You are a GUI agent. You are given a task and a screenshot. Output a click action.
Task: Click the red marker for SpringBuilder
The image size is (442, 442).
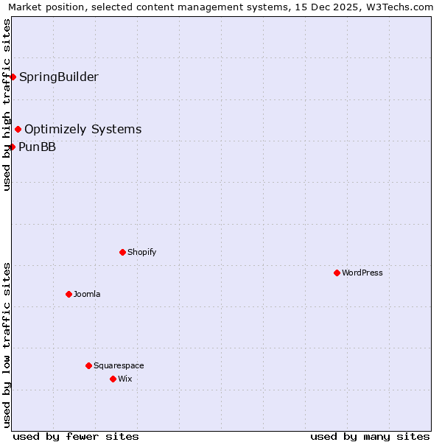13,77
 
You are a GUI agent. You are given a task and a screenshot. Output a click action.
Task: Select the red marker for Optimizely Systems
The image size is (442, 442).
18,130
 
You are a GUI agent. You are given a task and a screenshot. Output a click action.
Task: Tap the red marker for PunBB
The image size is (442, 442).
13,147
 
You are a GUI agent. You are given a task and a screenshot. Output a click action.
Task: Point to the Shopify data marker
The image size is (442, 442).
122,252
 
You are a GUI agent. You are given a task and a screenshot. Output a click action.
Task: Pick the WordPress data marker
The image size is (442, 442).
337,273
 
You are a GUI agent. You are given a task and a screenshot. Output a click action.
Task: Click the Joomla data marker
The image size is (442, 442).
69,294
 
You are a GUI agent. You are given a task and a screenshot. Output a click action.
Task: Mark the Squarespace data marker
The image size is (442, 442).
88,365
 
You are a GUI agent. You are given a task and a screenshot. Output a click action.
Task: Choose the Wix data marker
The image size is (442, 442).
113,379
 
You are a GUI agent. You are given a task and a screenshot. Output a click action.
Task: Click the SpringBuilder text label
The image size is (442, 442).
59,77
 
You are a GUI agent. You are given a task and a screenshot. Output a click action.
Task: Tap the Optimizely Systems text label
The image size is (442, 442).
83,130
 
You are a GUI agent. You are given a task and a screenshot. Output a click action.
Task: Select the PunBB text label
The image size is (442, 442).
37,147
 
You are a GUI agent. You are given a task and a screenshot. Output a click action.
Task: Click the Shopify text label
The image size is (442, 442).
142,252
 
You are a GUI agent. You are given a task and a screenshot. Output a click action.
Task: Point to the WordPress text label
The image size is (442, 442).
362,273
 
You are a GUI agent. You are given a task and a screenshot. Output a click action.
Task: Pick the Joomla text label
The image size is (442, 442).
87,294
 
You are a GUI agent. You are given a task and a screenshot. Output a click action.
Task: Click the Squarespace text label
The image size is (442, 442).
119,365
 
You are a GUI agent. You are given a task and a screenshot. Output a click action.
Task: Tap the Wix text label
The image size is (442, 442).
125,379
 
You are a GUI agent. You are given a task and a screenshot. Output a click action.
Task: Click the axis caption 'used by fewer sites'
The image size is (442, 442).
76,436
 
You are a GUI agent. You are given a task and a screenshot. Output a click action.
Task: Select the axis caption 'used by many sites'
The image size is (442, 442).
370,436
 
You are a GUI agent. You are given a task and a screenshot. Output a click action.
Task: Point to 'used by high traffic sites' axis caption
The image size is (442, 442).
7,105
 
